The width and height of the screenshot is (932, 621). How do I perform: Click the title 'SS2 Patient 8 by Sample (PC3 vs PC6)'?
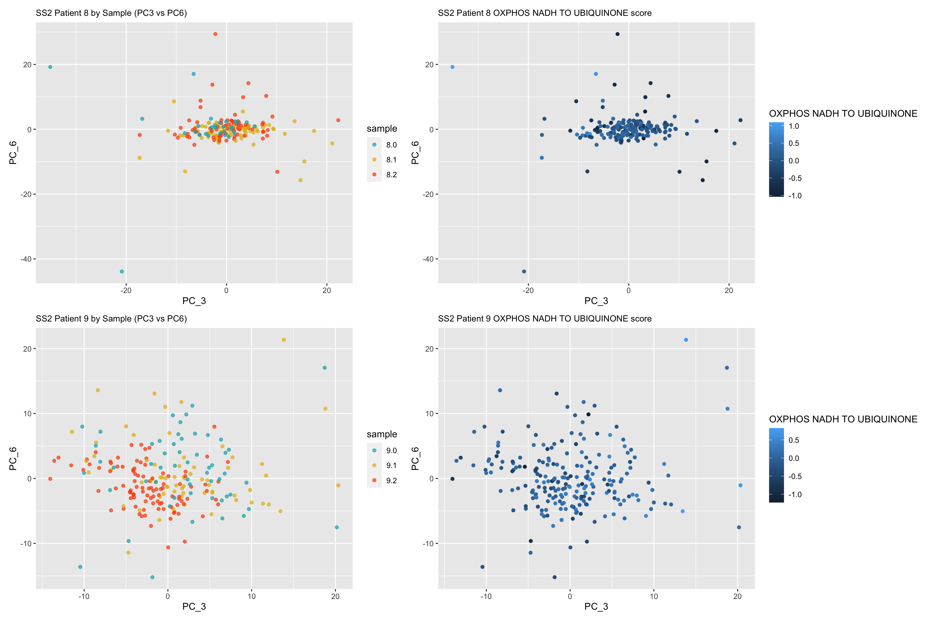[111, 13]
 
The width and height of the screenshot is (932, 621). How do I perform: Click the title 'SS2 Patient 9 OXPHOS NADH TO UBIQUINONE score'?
[544, 319]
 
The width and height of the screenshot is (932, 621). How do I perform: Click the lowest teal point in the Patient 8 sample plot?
[122, 271]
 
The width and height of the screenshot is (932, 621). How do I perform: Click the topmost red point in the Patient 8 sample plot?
[215, 34]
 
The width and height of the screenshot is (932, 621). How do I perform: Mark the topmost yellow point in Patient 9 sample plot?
[284, 340]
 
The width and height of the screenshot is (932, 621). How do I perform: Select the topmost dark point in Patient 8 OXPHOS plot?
[617, 34]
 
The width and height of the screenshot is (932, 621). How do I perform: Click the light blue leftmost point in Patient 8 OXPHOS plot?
[452, 67]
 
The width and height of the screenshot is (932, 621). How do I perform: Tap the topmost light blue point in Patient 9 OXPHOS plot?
[686, 340]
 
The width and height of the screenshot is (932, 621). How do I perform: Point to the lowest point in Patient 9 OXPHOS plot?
[555, 577]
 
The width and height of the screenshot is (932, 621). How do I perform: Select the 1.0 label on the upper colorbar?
[794, 126]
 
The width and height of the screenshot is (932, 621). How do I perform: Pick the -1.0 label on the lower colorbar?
[794, 494]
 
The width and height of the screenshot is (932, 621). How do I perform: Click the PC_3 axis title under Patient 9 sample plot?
[194, 606]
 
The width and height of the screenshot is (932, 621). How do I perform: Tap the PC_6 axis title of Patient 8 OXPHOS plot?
[415, 152]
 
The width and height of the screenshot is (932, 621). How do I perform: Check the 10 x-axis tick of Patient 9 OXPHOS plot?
[654, 596]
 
